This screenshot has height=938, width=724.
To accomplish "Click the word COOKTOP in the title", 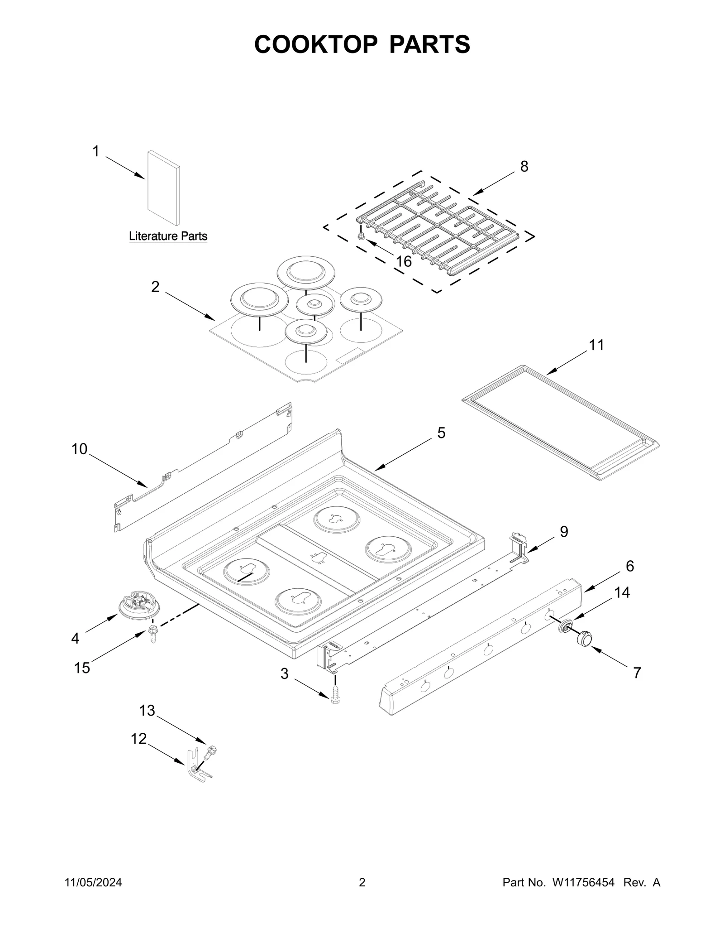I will (315, 44).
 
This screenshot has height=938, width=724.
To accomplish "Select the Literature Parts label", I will (168, 236).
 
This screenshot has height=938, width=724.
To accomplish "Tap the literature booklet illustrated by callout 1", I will (163, 188).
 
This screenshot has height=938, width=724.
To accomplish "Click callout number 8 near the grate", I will (524, 167).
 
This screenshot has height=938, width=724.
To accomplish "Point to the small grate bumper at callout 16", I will (361, 236).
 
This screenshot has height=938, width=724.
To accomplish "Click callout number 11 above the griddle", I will (596, 345).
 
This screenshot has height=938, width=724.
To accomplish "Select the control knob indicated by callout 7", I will (585, 638).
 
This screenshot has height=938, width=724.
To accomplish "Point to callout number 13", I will (147, 711).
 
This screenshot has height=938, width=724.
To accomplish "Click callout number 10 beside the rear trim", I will (79, 449).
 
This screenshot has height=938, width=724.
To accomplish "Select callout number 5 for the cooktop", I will (441, 433).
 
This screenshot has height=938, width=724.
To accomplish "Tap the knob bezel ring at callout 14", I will (565, 627).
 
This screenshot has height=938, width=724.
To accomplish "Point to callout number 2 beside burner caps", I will (155, 287).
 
